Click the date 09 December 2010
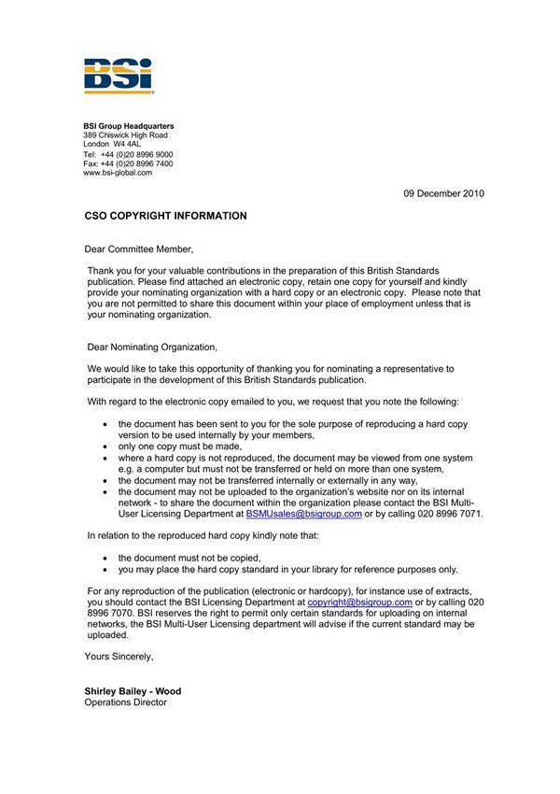tap(443, 193)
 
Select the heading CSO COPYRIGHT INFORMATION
tap(165, 216)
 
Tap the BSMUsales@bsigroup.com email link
tap(303, 514)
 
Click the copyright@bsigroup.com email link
tap(359, 603)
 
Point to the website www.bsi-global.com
tap(117, 173)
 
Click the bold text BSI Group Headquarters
tap(128, 126)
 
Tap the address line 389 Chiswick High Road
tap(125, 135)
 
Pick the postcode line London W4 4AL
tap(112, 145)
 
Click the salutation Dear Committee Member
tap(139, 249)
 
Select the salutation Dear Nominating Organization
tap(150, 347)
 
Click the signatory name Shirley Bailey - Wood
tap(133, 692)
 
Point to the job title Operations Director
tap(125, 702)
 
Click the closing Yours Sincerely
tap(119, 657)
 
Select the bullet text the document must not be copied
tap(189, 558)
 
